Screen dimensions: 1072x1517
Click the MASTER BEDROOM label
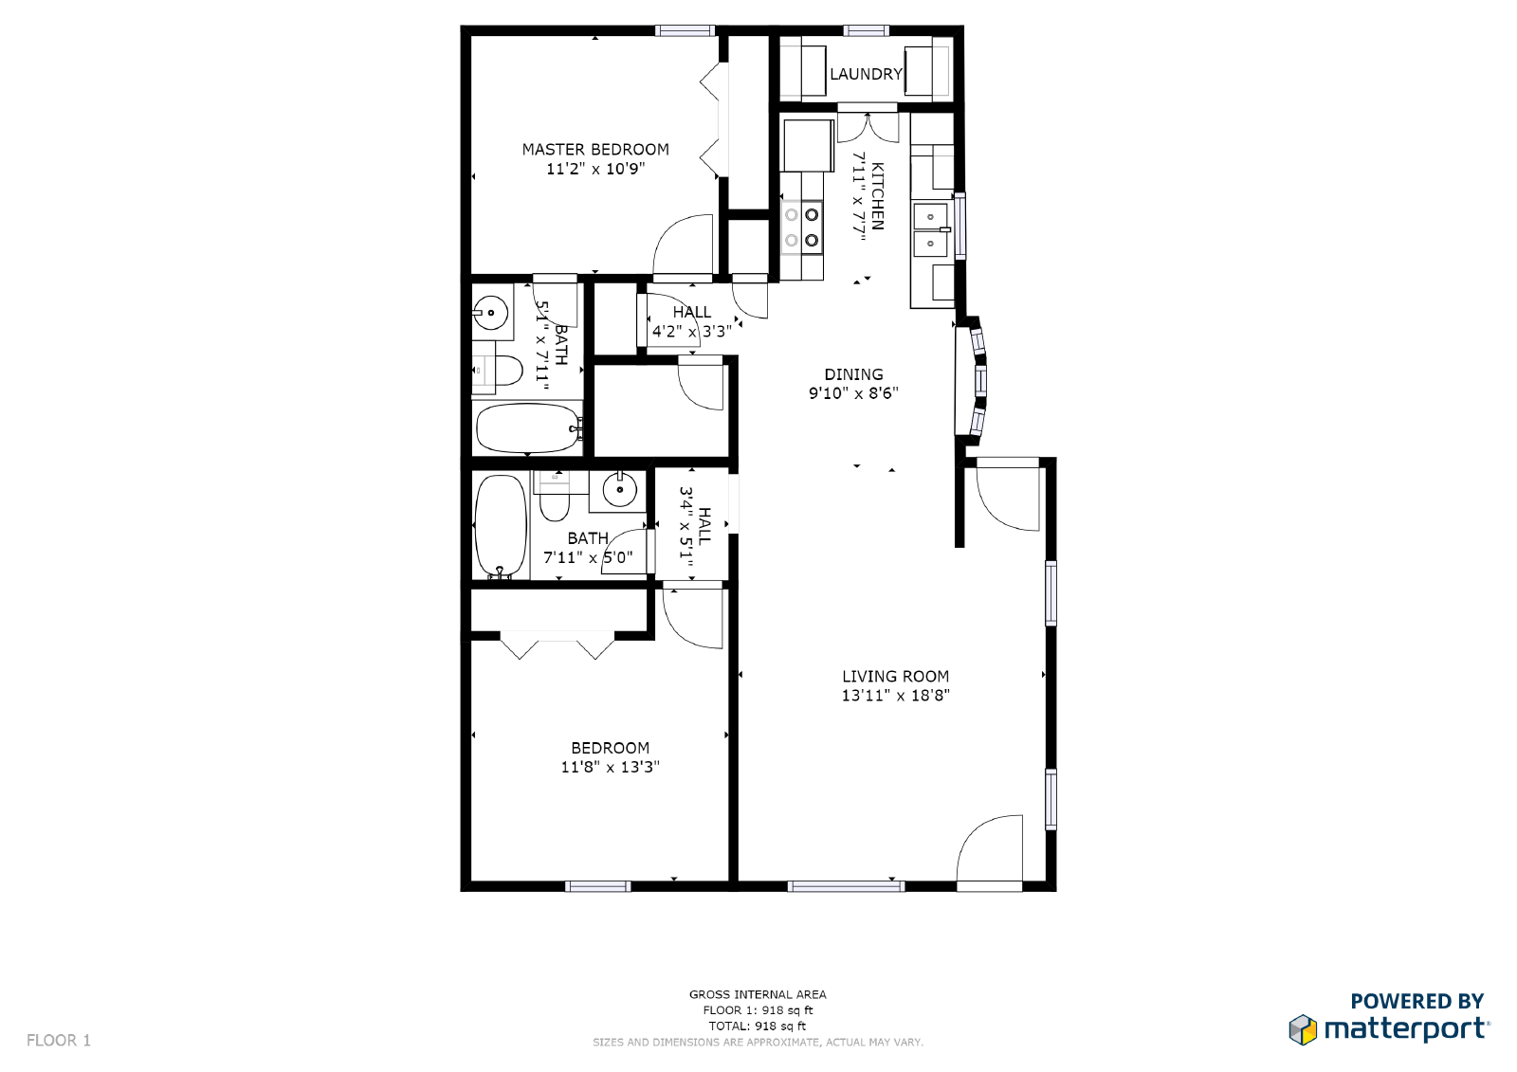tap(595, 150)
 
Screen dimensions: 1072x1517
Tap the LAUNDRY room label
tap(866, 74)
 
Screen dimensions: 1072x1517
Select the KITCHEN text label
tap(877, 196)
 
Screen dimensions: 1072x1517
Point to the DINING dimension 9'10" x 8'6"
tap(853, 393)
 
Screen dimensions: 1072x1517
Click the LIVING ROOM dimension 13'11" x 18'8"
tap(895, 696)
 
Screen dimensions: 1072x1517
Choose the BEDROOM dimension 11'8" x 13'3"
tap(610, 767)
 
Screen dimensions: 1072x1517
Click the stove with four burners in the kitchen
tap(801, 227)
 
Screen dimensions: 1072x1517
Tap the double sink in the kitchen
tap(930, 230)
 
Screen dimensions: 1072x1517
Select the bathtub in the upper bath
tap(527, 428)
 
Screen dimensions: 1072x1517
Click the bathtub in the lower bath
tap(500, 526)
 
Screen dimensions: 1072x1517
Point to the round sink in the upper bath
tap(490, 312)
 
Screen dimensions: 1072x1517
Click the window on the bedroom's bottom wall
tap(597, 886)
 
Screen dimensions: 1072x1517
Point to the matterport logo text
tap(1405, 1028)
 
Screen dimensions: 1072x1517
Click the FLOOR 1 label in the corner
tap(59, 1041)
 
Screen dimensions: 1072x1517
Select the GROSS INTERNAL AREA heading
tap(758, 994)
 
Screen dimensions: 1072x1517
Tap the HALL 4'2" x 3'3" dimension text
tap(691, 332)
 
